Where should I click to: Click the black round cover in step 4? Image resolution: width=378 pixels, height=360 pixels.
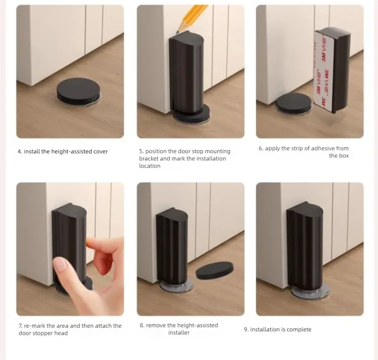(x=78, y=89)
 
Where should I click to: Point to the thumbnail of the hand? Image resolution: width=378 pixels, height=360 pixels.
(x=60, y=265)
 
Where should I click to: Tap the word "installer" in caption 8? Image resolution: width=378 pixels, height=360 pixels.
(x=179, y=333)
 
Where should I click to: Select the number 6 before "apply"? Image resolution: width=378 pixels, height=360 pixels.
(x=261, y=148)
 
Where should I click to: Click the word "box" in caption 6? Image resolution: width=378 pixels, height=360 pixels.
(x=344, y=156)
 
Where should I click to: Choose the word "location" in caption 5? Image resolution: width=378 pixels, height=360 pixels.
(x=150, y=166)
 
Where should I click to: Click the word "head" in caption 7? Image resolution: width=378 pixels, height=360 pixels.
(x=61, y=333)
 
